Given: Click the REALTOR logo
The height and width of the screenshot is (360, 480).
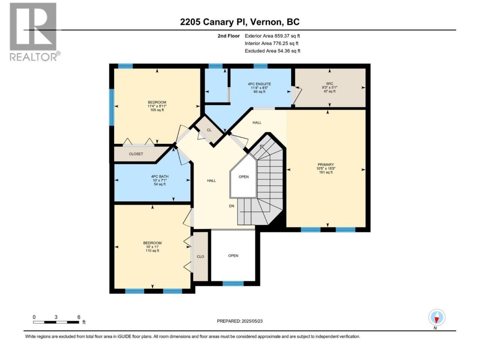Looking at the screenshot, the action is pos(35,32).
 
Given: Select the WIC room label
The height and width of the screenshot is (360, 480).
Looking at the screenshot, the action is pos(330,84).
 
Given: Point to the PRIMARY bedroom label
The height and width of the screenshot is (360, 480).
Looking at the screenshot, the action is pos(325,164).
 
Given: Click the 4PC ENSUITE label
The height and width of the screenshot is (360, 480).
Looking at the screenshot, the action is pos(259,84).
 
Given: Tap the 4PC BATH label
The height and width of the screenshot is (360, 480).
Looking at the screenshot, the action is pos(160,176).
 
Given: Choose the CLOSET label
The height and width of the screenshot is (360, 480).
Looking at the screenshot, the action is pos(136,154).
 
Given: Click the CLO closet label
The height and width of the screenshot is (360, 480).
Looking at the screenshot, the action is pos(200,256).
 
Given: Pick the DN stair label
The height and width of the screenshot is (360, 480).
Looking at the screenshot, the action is pos(232,206).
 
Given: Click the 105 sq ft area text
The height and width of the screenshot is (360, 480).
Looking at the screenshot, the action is pos(157,110).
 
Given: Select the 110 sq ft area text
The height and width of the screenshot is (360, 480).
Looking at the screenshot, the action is pos(152,251).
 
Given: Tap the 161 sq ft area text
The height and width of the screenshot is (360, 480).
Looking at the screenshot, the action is pos(326,172).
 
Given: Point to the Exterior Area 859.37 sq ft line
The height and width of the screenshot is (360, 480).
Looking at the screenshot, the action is pos(272,36).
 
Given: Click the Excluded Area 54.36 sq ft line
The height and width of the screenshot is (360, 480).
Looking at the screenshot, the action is pos(273,51).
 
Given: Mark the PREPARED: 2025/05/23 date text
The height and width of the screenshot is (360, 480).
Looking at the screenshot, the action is pos(240,321).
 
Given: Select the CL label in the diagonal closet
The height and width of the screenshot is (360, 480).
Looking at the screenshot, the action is pos(209,130).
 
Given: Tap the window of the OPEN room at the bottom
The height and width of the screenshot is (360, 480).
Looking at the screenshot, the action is pos(233,283).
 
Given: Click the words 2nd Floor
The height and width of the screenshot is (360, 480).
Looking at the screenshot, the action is pos(228,36).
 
